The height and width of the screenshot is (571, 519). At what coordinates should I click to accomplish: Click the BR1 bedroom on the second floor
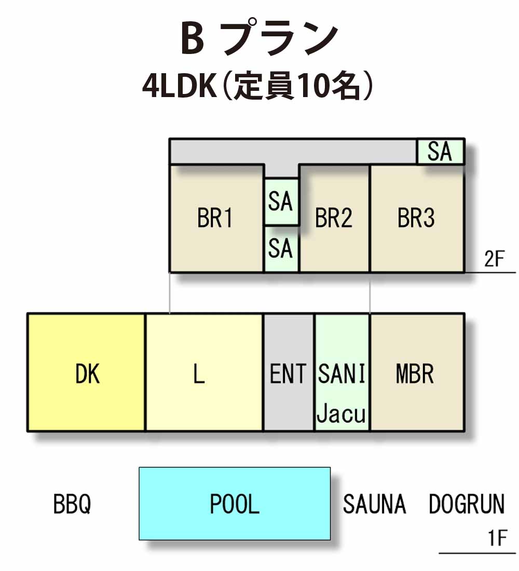[216, 219]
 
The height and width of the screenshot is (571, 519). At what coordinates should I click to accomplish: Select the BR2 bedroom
[334, 219]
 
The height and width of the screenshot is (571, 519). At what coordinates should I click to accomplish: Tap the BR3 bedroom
[417, 219]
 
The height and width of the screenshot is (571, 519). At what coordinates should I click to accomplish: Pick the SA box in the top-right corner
[440, 152]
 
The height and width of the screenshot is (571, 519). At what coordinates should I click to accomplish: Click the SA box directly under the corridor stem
[281, 202]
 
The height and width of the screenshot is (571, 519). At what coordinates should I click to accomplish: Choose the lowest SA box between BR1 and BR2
[281, 249]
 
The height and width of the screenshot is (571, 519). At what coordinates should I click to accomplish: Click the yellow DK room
[87, 372]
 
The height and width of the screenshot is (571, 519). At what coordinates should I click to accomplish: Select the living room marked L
[204, 372]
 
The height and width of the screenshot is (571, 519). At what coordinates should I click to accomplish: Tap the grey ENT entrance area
[289, 372]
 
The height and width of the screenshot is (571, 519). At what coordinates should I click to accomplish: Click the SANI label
[342, 373]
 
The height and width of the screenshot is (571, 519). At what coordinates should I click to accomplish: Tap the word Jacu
[341, 414]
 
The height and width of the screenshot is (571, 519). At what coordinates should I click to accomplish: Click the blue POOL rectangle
[235, 504]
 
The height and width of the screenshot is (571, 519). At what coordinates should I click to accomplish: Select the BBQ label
[72, 505]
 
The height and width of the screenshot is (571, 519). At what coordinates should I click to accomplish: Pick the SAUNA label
[374, 504]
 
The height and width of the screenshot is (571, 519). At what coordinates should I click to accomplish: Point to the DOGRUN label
[467, 504]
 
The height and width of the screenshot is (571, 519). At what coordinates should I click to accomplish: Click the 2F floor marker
[494, 259]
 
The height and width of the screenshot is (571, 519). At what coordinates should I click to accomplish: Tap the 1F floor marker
[498, 538]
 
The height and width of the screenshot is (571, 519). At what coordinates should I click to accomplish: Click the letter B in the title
[193, 38]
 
